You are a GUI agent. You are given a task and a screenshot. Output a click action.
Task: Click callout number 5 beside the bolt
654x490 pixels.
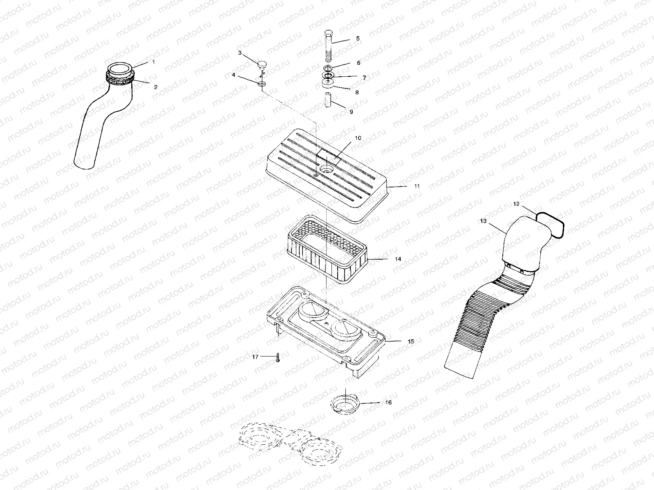coord(358,39)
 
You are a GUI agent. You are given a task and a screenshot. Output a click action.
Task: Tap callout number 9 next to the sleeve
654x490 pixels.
coord(351,111)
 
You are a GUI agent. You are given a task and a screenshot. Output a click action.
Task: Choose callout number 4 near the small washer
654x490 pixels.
coord(233,75)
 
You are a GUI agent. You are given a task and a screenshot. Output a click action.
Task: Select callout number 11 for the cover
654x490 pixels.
coord(417,186)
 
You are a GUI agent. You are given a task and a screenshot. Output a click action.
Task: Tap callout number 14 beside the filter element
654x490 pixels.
coord(398,259)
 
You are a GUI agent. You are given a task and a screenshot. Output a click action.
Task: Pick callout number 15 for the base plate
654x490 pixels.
coord(411,341)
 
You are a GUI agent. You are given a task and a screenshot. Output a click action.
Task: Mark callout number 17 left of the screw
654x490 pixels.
coord(255,356)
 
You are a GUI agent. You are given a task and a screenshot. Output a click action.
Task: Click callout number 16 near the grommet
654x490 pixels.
coord(388,403)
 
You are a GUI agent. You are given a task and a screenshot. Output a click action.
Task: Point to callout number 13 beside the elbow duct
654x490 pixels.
coord(483,221)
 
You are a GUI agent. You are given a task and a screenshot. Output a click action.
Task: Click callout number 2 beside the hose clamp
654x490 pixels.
coord(155,87)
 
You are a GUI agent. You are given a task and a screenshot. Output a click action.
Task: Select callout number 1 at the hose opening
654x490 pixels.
coord(154,62)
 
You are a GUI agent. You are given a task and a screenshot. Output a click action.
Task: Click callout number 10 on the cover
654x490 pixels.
coord(358,138)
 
